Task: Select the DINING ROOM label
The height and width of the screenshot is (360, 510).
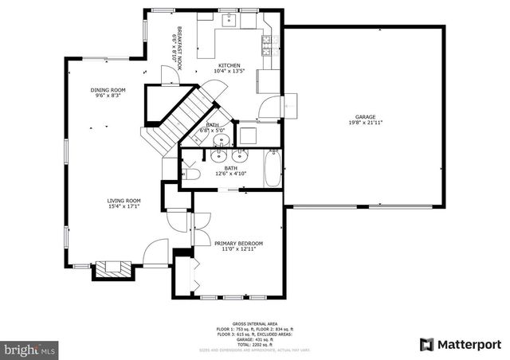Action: (108, 90)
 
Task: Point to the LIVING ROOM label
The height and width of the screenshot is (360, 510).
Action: (124, 201)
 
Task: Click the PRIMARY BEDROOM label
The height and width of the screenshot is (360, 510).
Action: (241, 243)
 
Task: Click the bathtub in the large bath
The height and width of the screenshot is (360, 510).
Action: (273, 169)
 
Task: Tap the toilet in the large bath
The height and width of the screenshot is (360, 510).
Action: (191, 174)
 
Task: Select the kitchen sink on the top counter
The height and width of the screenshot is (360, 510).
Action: (228, 20)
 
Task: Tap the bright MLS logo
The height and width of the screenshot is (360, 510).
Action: (30, 349)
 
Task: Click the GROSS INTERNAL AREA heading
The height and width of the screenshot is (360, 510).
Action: (254, 323)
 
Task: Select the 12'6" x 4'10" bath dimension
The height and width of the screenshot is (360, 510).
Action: (230, 174)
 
